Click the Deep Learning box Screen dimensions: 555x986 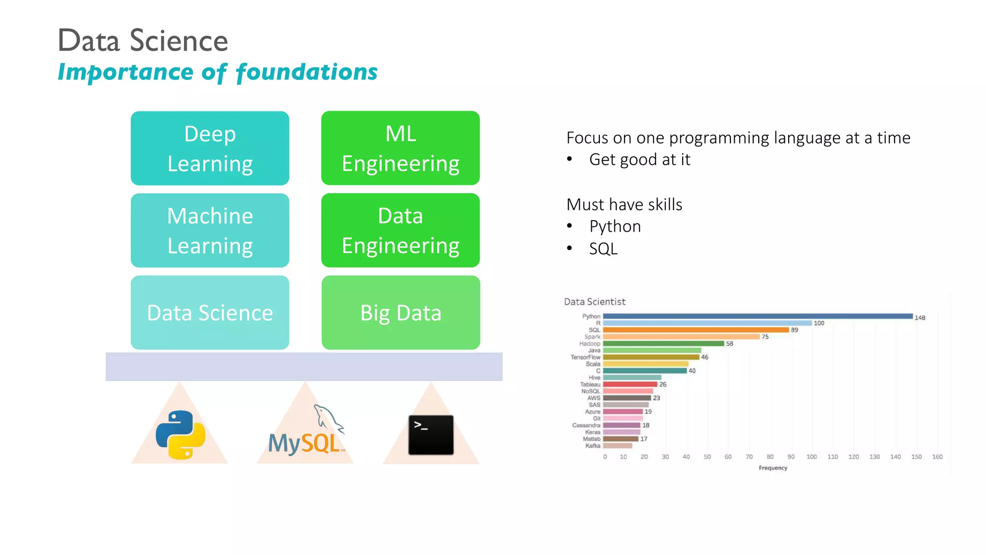(210, 148)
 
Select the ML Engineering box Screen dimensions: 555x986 (400, 148)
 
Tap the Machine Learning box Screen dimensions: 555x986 (210, 230)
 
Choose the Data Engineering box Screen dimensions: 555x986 (400, 230)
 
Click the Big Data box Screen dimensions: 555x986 (401, 313)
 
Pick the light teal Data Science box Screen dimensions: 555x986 (210, 313)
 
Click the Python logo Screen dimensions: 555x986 (181, 435)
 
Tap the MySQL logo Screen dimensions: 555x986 (307, 432)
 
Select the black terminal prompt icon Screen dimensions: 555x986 (431, 435)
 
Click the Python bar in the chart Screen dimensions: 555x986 (757, 317)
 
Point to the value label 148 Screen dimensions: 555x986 (920, 318)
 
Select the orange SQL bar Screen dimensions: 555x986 (696, 330)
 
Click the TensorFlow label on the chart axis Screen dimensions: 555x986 (585, 357)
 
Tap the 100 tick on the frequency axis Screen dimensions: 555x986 (812, 457)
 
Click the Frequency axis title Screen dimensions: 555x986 (773, 468)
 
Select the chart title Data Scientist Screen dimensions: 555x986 (595, 302)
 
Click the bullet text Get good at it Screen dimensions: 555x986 (639, 159)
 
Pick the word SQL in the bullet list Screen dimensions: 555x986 (603, 249)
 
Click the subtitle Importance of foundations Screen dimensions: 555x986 (218, 72)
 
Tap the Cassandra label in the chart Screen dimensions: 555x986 (586, 425)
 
